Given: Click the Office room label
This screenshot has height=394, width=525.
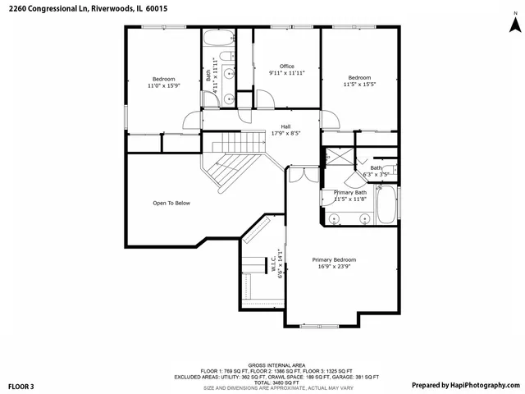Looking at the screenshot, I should coord(286,66).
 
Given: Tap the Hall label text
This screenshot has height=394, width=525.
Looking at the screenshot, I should coord(285,126).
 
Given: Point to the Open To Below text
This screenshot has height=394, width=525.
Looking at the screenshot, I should coord(171,203).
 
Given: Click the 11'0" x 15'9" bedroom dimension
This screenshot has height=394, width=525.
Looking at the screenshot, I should coord(162,85).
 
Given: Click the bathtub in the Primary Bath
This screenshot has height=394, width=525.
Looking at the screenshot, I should coord(386,206).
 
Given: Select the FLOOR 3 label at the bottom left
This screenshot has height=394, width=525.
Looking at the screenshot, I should coord(21,385).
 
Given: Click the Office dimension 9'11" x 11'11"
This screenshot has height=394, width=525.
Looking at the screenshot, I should coord(286,73).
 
